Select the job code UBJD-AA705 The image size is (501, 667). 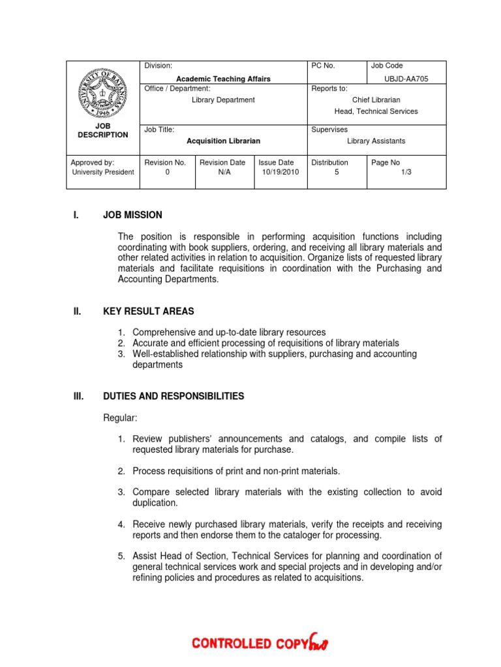(406, 79)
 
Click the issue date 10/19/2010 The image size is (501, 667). (281, 173)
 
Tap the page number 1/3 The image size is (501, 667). (406, 173)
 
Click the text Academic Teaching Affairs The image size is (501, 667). (223, 79)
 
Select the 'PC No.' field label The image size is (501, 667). (323, 66)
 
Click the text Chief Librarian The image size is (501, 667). (376, 100)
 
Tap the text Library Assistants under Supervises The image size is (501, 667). (376, 141)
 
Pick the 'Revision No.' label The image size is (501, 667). (166, 162)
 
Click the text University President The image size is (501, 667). (103, 173)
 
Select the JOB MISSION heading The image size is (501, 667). (132, 215)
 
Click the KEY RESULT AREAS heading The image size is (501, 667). (148, 311)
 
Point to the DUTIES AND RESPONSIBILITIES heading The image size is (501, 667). (174, 396)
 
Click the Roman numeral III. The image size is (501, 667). (79, 396)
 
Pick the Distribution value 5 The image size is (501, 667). (337, 173)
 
